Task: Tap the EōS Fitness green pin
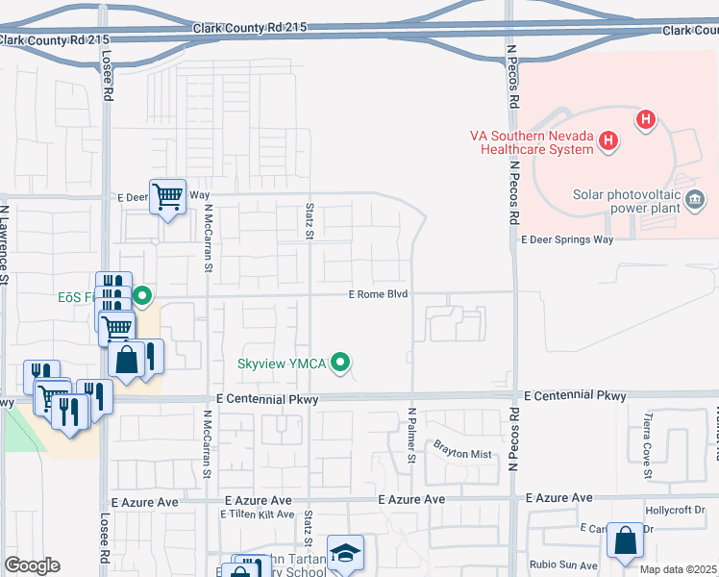click(x=143, y=295)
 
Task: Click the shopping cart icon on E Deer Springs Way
click(x=167, y=197)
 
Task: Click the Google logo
click(x=31, y=565)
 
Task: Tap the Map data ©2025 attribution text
click(x=678, y=569)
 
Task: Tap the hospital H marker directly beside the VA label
click(x=607, y=141)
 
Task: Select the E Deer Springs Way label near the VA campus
click(x=566, y=240)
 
